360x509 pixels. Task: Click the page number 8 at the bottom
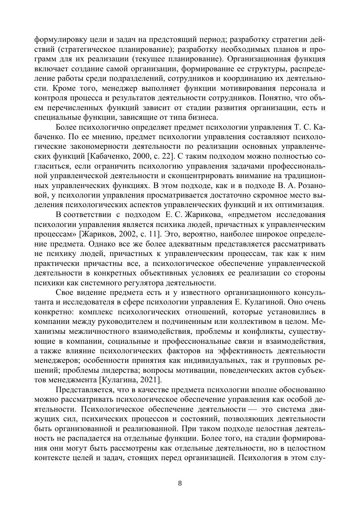[x=180, y=483]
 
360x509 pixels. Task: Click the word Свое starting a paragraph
[x=64, y=293]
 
